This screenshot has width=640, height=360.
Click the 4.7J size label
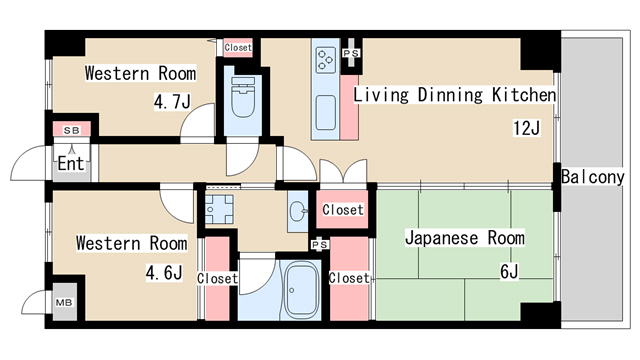172,101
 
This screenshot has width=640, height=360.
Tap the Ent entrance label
70,164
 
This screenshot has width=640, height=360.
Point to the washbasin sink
297,211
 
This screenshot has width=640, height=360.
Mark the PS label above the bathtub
319,244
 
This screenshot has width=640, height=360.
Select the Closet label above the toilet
238,47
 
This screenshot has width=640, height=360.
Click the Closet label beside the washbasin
342,210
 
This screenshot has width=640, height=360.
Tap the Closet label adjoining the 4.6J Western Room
217,278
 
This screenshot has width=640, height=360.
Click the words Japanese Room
464,239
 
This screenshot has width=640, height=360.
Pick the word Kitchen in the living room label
521,96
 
